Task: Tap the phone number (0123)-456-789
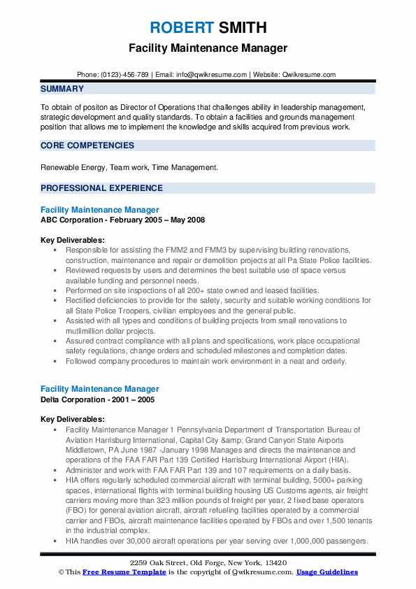tap(124, 74)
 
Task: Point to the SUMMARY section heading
tap(62, 89)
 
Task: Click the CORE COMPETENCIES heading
tap(87, 146)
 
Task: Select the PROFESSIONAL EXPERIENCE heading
tap(101, 188)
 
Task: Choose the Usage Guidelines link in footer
tap(327, 572)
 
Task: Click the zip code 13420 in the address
tap(275, 563)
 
